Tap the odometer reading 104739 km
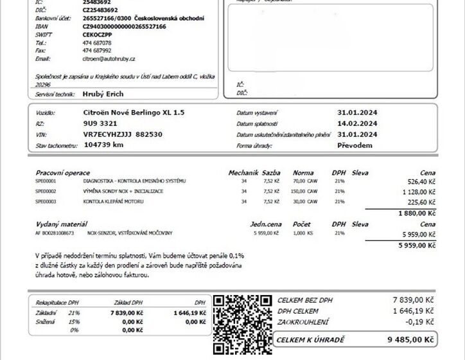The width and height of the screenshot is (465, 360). coord(103,145)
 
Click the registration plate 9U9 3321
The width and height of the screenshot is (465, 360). coord(100,123)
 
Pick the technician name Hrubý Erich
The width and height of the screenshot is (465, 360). coord(103,94)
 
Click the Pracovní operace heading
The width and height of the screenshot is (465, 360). coord(63,173)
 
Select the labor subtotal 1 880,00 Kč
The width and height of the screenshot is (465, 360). coord(417,213)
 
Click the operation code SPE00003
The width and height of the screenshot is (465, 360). coord(46,201)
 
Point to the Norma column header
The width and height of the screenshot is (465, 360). coord(303,173)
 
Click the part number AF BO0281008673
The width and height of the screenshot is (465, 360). coord(55,232)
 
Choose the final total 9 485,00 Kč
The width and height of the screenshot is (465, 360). coord(411,339)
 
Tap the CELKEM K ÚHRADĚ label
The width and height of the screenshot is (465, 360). coord(311,339)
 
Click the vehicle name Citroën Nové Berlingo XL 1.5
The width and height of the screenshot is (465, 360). coord(134,112)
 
